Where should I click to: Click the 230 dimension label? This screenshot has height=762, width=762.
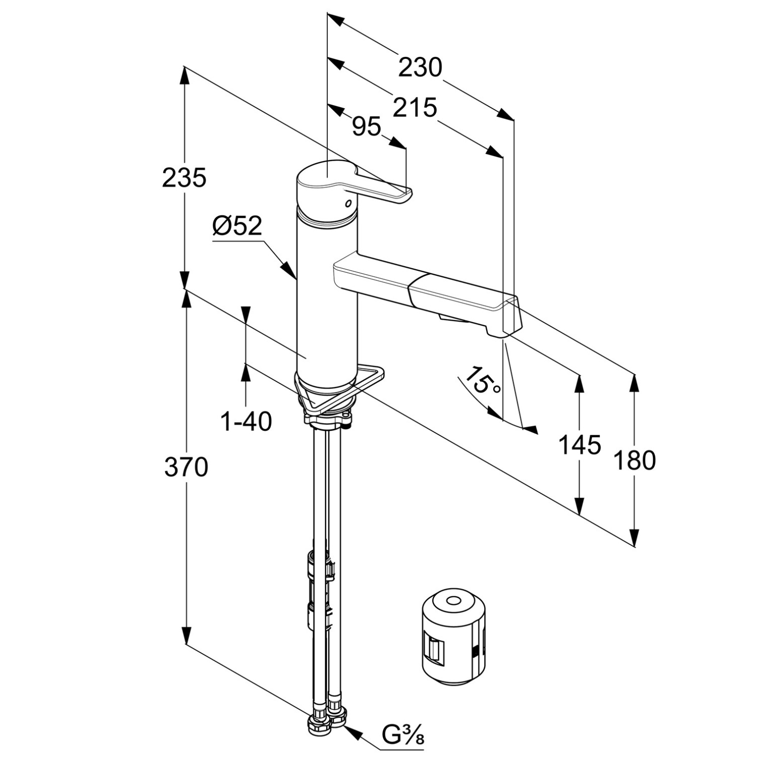pos(420,67)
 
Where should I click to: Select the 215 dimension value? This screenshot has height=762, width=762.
pos(415,108)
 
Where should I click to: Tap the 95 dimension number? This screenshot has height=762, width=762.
pos(366,126)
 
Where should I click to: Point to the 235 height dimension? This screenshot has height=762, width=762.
pos(184,177)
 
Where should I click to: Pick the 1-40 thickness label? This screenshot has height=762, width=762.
pos(246,421)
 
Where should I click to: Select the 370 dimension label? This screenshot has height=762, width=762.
pos(186,467)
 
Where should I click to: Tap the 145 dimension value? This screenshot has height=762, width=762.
pos(580,445)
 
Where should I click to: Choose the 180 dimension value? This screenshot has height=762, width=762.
pos(634,460)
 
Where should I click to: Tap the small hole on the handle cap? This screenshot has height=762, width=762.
pos(348,203)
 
